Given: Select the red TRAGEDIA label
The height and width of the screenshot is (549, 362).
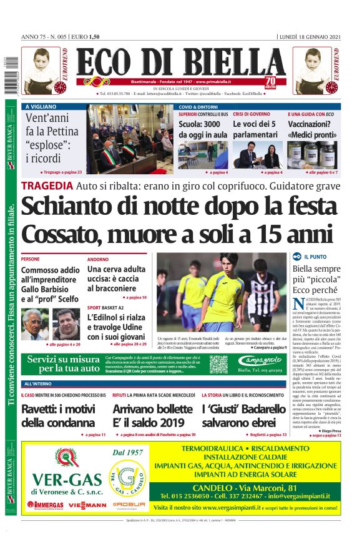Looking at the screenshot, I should (47, 185).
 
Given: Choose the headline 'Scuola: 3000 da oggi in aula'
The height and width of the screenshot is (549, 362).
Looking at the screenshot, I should (203, 129).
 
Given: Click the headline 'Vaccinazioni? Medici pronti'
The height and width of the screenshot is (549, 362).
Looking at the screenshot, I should (314, 129).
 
